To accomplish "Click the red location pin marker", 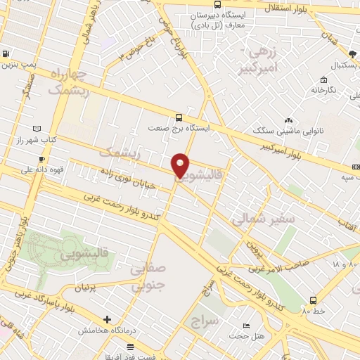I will [181, 165].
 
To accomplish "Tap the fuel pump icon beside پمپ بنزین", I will [6, 53].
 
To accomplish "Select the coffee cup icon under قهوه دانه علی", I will [41, 160].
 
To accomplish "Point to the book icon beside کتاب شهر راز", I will [37, 129].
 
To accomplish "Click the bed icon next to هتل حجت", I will [245, 326].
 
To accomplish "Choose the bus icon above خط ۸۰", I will [313, 300].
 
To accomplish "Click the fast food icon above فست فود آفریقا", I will [130, 347].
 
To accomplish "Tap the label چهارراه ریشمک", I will [69, 82].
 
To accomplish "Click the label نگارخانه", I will [323, 90].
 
